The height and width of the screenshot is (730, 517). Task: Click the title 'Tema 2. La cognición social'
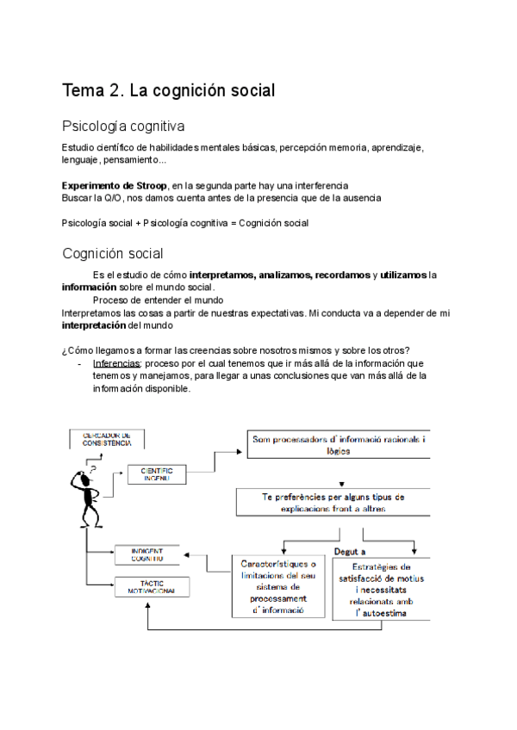[x=169, y=90]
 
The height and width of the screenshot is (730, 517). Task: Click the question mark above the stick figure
[x=93, y=469]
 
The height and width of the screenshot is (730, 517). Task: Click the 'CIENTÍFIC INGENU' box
[x=157, y=473]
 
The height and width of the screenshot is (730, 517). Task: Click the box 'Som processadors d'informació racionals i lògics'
[x=339, y=445]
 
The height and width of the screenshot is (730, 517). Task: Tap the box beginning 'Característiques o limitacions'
[x=277, y=586]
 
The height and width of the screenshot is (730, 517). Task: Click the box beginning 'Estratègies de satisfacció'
[x=381, y=590]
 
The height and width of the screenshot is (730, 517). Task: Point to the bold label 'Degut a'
[x=350, y=552]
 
